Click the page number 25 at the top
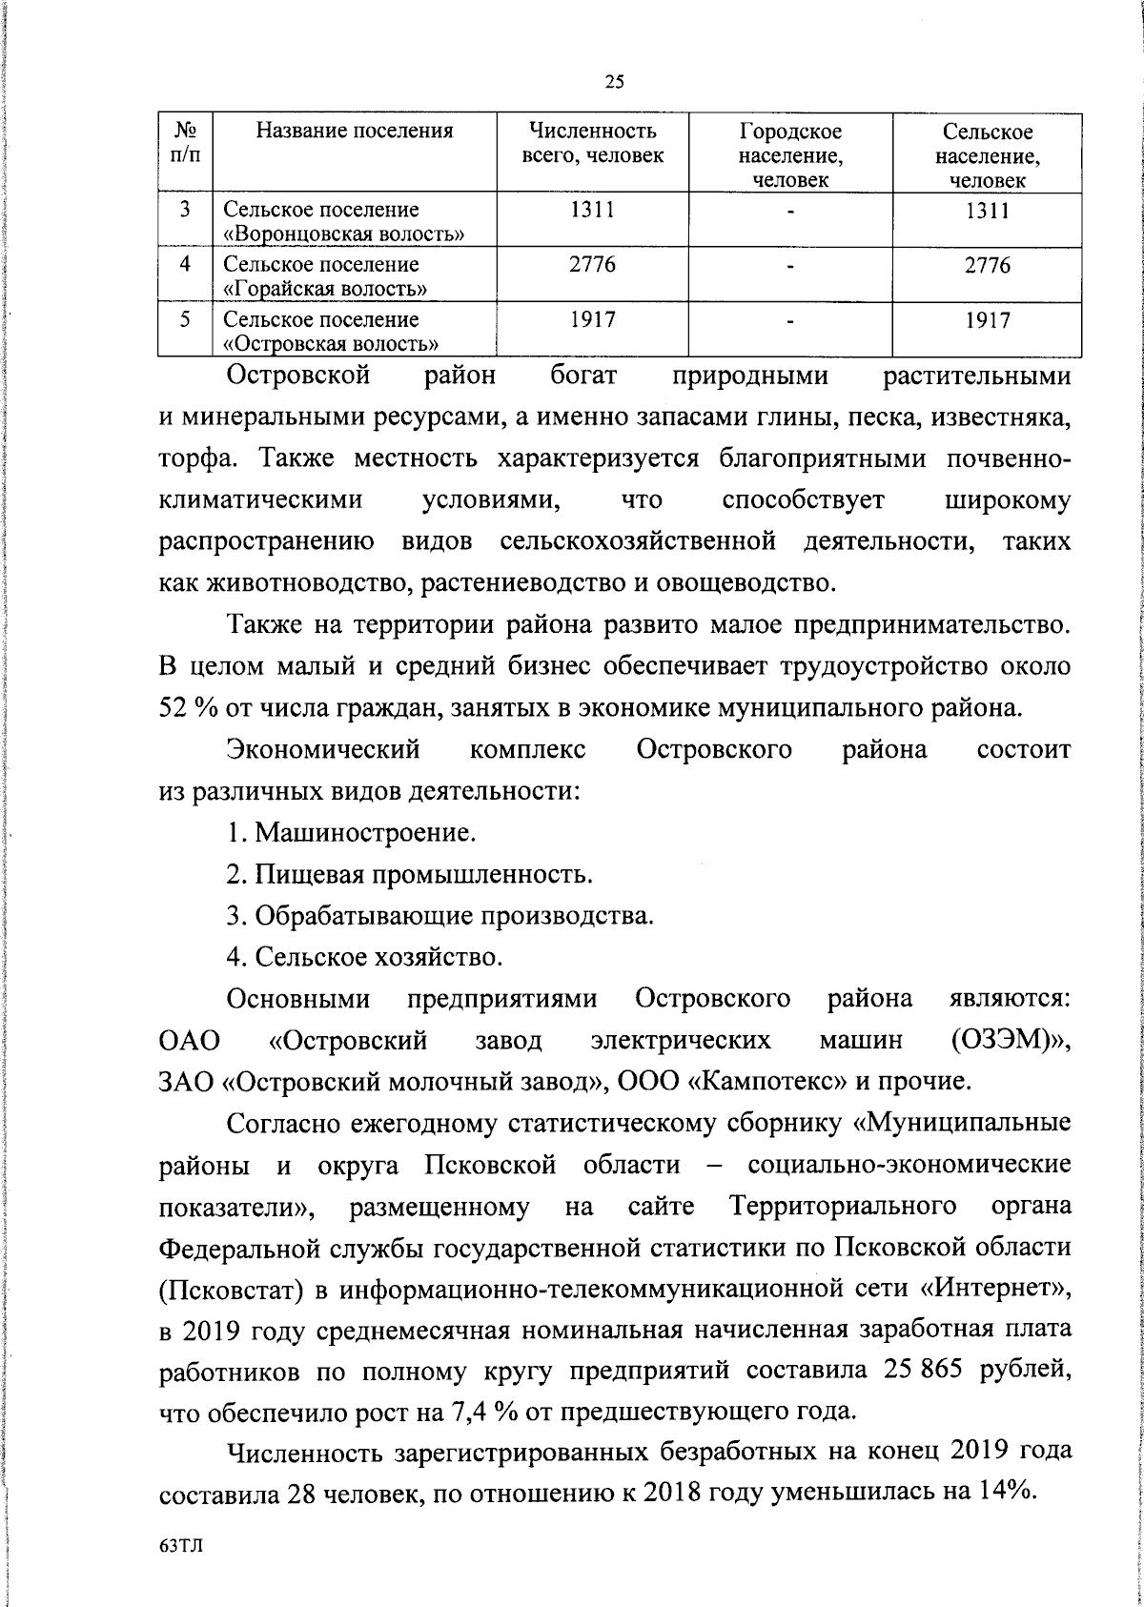click(614, 82)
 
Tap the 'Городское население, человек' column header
click(790, 154)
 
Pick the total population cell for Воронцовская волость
click(592, 210)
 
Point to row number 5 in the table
click(186, 320)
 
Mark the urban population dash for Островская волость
click(790, 321)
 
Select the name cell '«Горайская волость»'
click(324, 287)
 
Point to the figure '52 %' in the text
click(182, 707)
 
